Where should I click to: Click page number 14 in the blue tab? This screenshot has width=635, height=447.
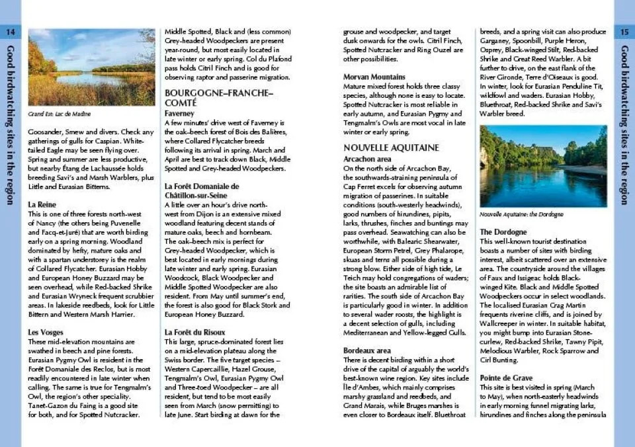click(10, 32)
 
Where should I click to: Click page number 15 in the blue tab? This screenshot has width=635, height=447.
click(624, 32)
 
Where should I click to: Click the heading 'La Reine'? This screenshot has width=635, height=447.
click(42, 205)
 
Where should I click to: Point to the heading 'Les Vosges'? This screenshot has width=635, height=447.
click(46, 331)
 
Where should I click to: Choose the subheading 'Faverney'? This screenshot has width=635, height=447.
click(179, 113)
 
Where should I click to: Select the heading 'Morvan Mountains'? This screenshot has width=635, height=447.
click(374, 77)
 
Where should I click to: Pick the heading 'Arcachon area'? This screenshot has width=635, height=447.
click(367, 159)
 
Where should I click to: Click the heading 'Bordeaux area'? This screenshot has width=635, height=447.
click(367, 350)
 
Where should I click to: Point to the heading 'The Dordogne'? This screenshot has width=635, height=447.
click(503, 232)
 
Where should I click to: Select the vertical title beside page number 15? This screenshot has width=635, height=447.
click(624, 126)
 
